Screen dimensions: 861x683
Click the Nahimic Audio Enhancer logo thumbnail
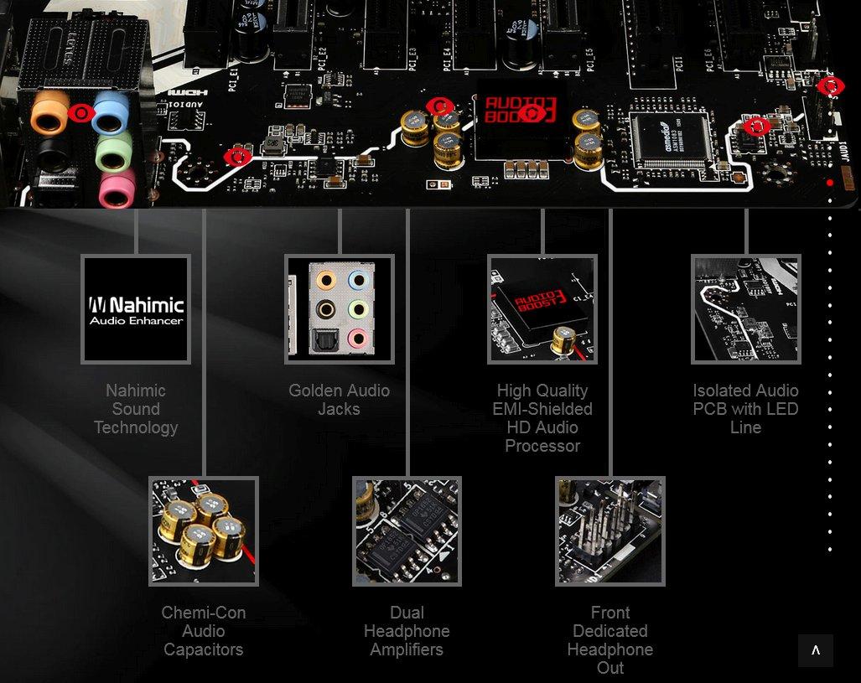(136, 309)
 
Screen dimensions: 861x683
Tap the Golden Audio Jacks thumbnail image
(339, 309)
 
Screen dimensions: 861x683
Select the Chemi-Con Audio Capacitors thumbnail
(204, 531)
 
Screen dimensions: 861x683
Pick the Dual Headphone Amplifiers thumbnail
(407, 531)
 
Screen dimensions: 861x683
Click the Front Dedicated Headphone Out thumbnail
(610, 531)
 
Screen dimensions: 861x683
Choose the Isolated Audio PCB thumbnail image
(745, 309)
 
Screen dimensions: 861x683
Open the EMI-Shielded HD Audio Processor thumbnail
(542, 309)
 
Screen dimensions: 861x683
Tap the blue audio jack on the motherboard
(112, 112)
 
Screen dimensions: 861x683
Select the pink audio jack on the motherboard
(116, 189)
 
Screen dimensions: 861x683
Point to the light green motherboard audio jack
(114, 152)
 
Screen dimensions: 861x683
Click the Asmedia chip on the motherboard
(672, 137)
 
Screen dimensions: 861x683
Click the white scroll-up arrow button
(816, 650)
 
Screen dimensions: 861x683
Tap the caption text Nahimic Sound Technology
(136, 409)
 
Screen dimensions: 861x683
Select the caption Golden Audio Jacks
(339, 400)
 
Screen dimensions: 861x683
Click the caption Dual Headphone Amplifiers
(407, 631)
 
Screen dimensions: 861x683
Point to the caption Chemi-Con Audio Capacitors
(204, 631)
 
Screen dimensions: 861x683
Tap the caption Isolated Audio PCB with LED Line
(745, 409)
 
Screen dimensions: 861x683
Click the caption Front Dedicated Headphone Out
(610, 640)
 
